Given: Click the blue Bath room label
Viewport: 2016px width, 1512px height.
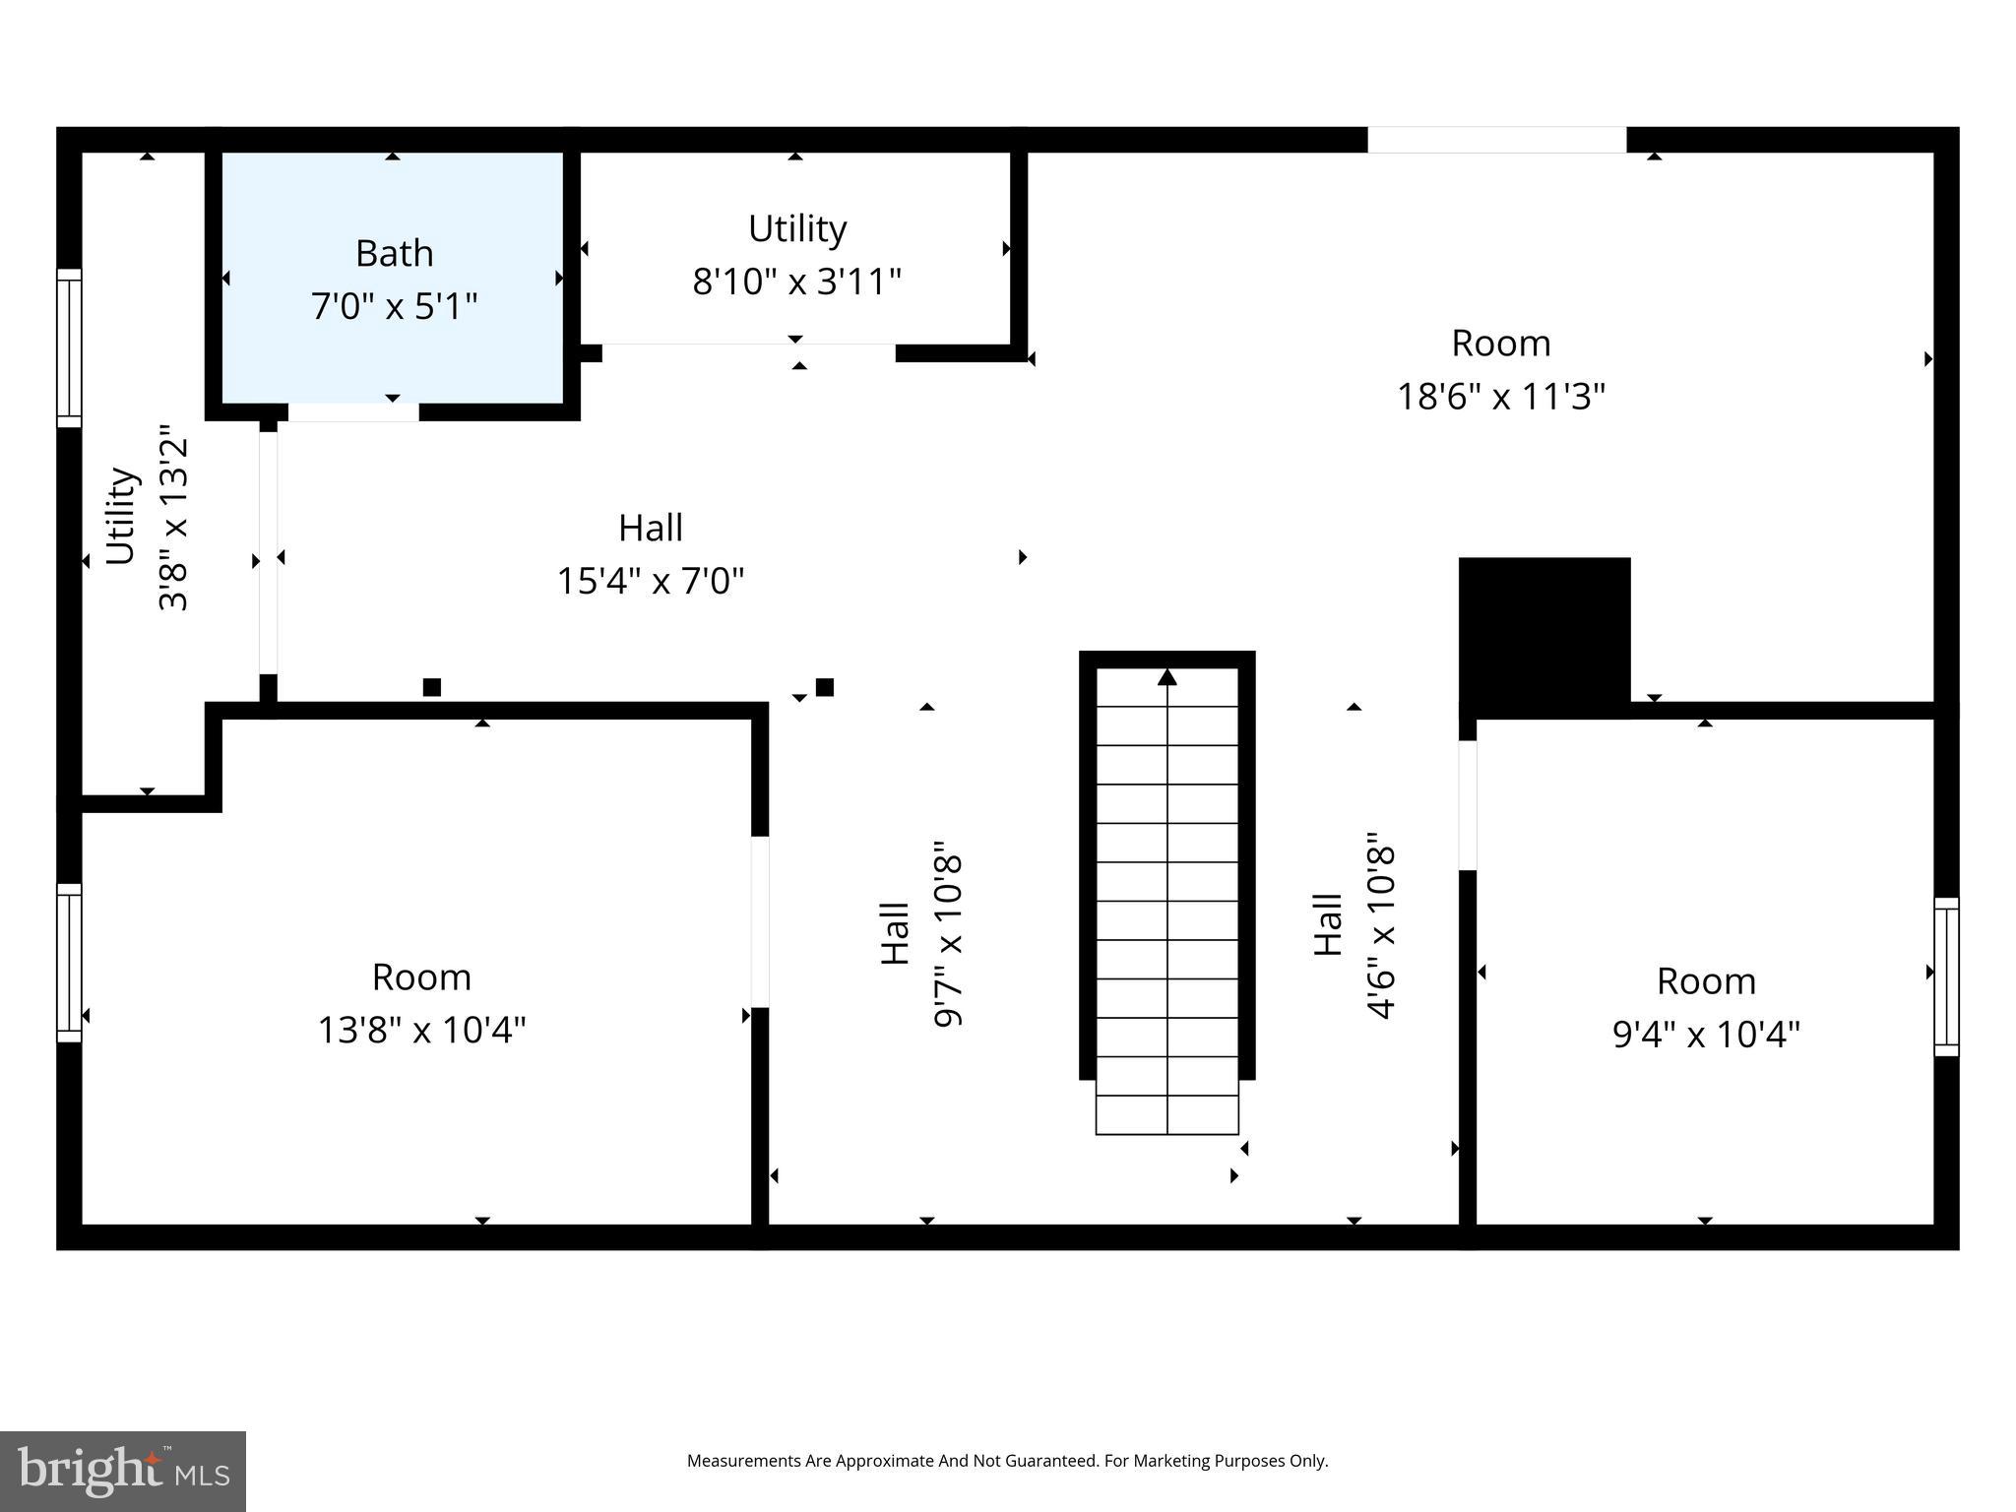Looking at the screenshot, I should click(394, 254).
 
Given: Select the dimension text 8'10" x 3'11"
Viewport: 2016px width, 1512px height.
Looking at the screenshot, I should click(796, 283).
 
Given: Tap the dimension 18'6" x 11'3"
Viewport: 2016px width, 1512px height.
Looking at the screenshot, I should click(1500, 398).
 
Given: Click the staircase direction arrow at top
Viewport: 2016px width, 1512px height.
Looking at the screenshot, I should click(1166, 677).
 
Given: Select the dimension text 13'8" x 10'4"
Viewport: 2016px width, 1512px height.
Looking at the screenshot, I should click(421, 1031).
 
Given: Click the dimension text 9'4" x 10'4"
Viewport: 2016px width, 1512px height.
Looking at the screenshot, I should click(1705, 1035).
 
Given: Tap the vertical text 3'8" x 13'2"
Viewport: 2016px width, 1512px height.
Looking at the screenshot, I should click(173, 518).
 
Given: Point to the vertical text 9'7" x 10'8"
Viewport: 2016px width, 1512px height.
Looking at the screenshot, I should click(947, 933).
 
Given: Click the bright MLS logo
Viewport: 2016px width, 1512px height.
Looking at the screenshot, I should click(122, 1471).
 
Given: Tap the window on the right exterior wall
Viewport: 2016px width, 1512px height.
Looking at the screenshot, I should click(1946, 976).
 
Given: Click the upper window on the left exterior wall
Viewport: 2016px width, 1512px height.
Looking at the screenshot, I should click(69, 347).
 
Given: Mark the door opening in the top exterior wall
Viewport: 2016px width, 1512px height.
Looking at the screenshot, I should click(1496, 140).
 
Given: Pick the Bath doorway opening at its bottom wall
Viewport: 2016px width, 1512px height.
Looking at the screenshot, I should click(353, 412).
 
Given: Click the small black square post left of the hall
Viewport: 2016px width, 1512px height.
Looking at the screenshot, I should click(431, 687).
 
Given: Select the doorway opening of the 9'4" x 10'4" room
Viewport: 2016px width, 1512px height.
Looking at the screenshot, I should click(1467, 805).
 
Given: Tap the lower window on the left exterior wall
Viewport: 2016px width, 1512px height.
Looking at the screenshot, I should click(69, 962).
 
